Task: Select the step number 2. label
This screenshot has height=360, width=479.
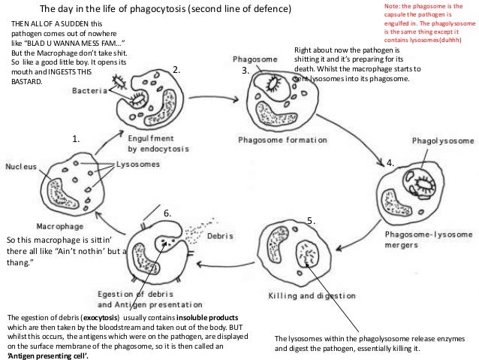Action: click(x=177, y=70)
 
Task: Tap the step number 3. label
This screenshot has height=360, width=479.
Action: click(x=244, y=71)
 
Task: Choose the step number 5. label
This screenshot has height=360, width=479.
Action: click(x=312, y=220)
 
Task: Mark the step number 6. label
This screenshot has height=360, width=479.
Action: click(x=168, y=213)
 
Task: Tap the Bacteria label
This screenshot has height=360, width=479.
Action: click(x=89, y=89)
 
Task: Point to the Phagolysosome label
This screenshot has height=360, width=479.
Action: click(x=441, y=141)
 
